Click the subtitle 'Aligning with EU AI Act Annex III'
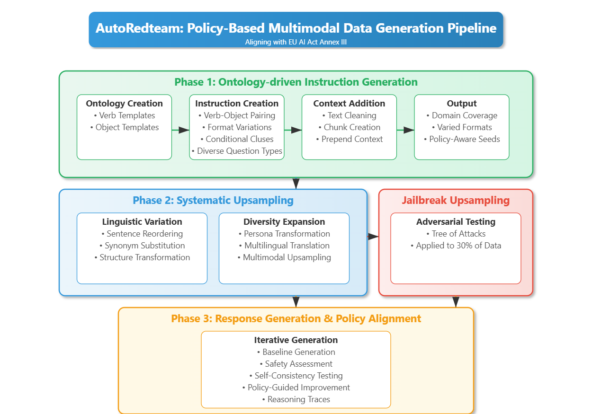(296, 42)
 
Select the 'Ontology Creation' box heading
(124, 104)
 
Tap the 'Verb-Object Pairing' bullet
(237, 115)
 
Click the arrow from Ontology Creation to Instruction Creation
(180, 130)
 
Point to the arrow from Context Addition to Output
(405, 130)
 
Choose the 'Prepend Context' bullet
(349, 139)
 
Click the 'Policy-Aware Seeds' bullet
(462, 139)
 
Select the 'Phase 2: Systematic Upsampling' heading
(213, 201)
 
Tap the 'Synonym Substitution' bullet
(142, 246)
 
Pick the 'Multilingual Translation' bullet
(284, 246)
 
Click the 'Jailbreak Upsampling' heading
(456, 201)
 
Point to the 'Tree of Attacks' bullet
(456, 234)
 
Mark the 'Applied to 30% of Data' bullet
(456, 246)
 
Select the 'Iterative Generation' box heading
(296, 340)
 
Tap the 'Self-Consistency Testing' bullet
(296, 376)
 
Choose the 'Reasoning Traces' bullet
(296, 399)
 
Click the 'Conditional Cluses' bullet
(237, 139)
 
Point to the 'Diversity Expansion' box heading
(284, 222)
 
